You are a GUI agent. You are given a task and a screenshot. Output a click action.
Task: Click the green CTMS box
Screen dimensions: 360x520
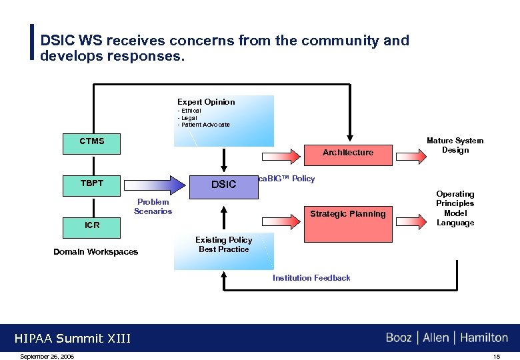click(x=92, y=142)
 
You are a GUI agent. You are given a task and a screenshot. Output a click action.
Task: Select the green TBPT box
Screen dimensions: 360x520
click(x=92, y=184)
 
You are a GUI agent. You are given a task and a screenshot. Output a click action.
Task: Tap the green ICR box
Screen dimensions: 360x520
click(x=92, y=226)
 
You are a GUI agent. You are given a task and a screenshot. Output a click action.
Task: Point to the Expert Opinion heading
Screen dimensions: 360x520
click(x=206, y=102)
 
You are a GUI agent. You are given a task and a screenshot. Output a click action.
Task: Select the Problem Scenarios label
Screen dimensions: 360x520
click(x=153, y=207)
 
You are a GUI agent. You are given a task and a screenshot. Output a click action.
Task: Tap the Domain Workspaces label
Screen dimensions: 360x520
click(x=95, y=252)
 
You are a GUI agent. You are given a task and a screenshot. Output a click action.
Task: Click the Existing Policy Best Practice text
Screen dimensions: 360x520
click(x=223, y=245)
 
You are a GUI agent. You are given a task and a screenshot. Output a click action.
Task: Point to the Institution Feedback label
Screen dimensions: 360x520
click(x=311, y=278)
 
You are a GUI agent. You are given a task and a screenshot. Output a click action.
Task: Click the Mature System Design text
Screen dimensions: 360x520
click(x=455, y=145)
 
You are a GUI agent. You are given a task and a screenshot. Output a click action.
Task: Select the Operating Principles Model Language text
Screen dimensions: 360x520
click(x=455, y=209)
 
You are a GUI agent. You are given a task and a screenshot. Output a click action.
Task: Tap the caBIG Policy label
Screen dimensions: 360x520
click(x=287, y=179)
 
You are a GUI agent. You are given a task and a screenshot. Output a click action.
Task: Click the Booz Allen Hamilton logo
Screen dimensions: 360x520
click(x=446, y=338)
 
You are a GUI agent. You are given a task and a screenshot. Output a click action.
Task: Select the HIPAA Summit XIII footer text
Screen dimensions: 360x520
click(x=73, y=339)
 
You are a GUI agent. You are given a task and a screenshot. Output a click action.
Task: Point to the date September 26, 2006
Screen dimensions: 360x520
click(x=47, y=357)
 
